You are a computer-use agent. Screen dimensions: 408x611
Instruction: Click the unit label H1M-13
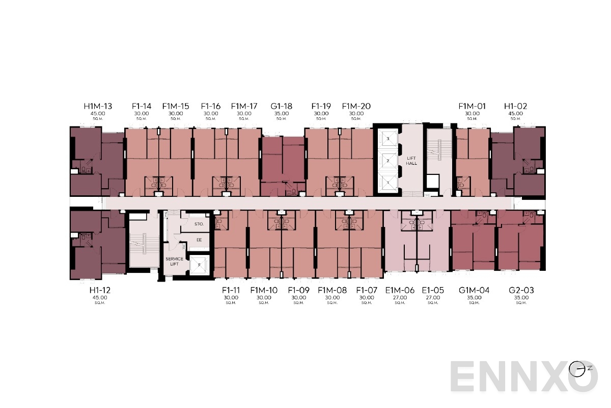98,107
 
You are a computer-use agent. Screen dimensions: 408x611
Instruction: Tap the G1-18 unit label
282,107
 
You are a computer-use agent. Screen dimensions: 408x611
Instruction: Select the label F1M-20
356,107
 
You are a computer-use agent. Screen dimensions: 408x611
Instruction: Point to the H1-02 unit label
515,107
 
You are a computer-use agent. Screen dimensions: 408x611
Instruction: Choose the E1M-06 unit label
400,290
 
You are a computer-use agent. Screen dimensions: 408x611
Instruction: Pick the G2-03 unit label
521,290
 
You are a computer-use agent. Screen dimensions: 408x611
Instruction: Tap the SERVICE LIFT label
174,262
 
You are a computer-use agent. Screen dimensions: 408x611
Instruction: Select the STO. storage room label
199,224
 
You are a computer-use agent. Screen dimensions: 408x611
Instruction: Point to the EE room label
199,240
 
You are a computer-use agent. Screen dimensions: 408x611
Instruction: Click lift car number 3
388,139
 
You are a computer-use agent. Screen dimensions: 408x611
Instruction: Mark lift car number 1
388,182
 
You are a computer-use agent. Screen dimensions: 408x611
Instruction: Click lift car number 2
388,161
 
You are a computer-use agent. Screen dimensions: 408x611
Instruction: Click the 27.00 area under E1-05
433,298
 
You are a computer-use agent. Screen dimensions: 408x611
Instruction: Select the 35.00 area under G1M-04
474,298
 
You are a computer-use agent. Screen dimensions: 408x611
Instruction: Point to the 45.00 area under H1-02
515,114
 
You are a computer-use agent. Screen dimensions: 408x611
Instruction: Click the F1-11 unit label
231,290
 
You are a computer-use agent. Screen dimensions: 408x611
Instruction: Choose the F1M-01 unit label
472,107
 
